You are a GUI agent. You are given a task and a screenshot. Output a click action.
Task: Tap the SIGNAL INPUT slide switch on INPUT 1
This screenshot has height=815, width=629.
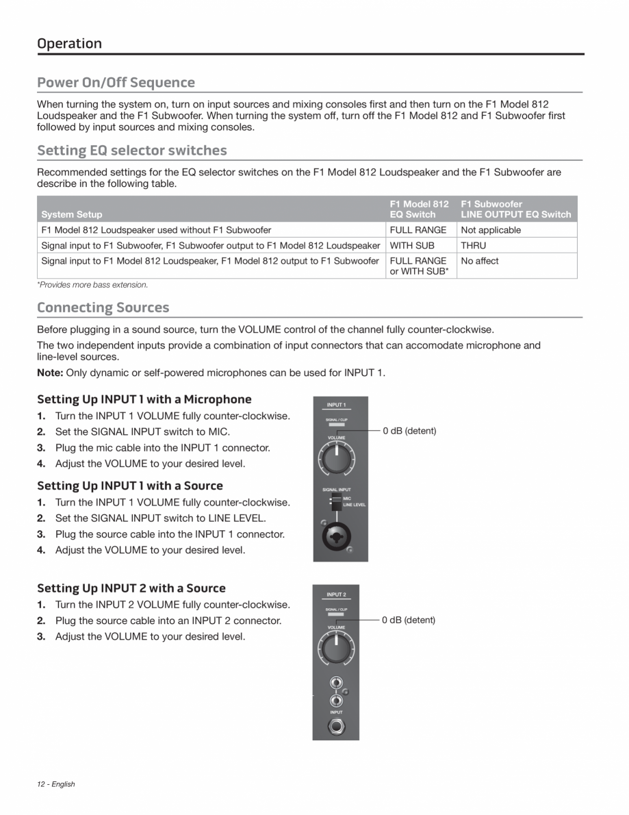[x=335, y=504]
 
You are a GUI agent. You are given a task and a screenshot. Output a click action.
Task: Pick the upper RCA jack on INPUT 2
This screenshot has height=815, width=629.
[x=335, y=683]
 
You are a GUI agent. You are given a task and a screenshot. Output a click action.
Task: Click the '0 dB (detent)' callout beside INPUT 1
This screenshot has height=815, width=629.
[x=409, y=431]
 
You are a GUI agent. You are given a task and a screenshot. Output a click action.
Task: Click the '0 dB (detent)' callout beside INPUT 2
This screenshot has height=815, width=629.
[x=409, y=620]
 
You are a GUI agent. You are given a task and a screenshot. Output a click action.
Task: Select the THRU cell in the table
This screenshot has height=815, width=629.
[x=474, y=245]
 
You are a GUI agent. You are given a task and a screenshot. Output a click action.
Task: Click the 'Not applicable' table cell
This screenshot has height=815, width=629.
[x=491, y=230]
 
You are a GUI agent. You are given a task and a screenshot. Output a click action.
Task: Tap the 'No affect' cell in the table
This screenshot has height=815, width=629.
[x=480, y=261]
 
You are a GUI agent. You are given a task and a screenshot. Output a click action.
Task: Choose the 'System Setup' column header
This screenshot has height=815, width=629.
[x=72, y=214]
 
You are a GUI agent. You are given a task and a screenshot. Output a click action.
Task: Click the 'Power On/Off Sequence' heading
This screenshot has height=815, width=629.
[x=116, y=82]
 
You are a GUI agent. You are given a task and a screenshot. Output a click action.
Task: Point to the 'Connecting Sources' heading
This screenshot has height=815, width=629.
[x=103, y=307]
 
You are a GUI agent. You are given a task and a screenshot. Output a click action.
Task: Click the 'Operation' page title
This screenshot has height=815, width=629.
[x=69, y=43]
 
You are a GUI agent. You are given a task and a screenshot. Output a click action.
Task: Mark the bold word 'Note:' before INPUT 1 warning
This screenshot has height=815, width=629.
[x=50, y=373]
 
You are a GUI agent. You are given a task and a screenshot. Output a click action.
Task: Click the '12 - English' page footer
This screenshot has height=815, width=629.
[x=56, y=784]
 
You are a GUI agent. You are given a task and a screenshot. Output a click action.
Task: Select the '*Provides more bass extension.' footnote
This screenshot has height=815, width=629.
[x=92, y=284]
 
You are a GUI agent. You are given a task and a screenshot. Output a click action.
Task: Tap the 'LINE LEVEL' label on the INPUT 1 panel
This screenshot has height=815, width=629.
[x=355, y=505]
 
